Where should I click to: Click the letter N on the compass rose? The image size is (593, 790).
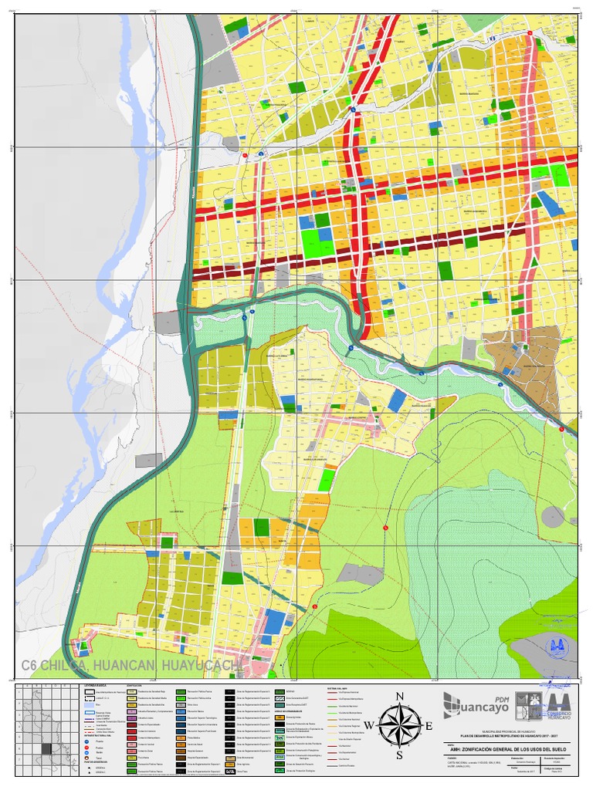[x=400, y=697]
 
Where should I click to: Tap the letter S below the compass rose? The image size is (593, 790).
[x=400, y=755]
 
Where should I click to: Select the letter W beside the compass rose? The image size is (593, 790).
[x=369, y=726]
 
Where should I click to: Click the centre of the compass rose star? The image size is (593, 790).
[x=400, y=726]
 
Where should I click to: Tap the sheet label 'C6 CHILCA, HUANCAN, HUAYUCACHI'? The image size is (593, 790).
[x=131, y=666]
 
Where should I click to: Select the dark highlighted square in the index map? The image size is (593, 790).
[x=47, y=748]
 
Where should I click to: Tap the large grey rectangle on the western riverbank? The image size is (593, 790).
[x=168, y=322]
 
